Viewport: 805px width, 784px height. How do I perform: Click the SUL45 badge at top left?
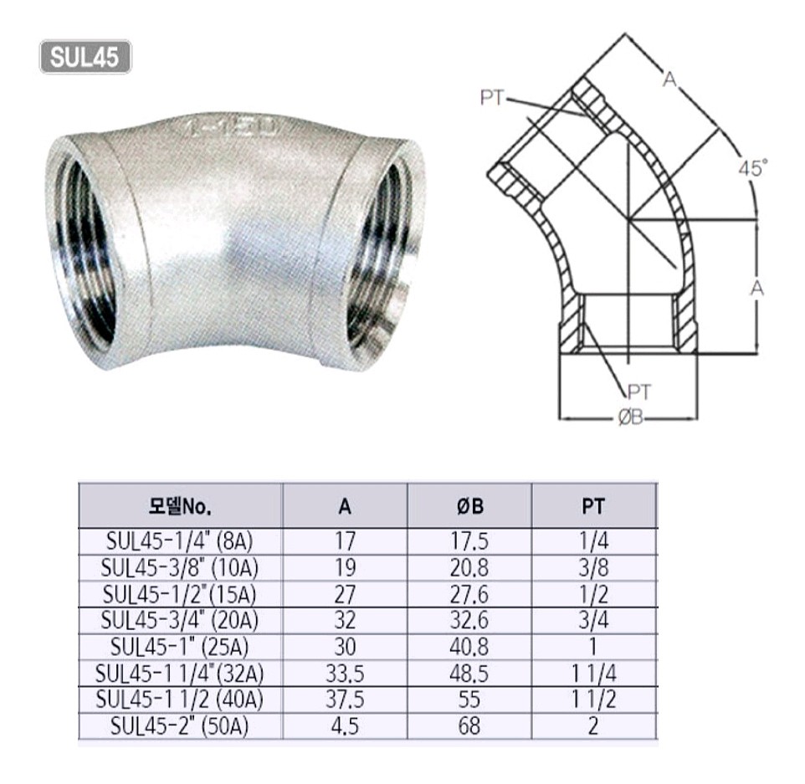pos(85,57)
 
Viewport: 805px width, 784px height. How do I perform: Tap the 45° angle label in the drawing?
pos(752,168)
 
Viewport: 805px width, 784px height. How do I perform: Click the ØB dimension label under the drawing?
pos(630,418)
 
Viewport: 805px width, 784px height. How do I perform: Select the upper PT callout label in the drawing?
pos(493,98)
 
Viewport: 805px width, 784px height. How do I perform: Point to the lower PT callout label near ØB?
pos(639,392)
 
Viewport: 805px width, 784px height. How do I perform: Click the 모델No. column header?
pos(180,507)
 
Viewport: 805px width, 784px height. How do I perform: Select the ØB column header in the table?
pos(469,507)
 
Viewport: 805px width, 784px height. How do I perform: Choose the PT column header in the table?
pos(593,507)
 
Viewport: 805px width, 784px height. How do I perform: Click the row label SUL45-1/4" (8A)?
pos(180,541)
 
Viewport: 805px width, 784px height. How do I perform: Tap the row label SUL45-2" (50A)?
pos(180,726)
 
